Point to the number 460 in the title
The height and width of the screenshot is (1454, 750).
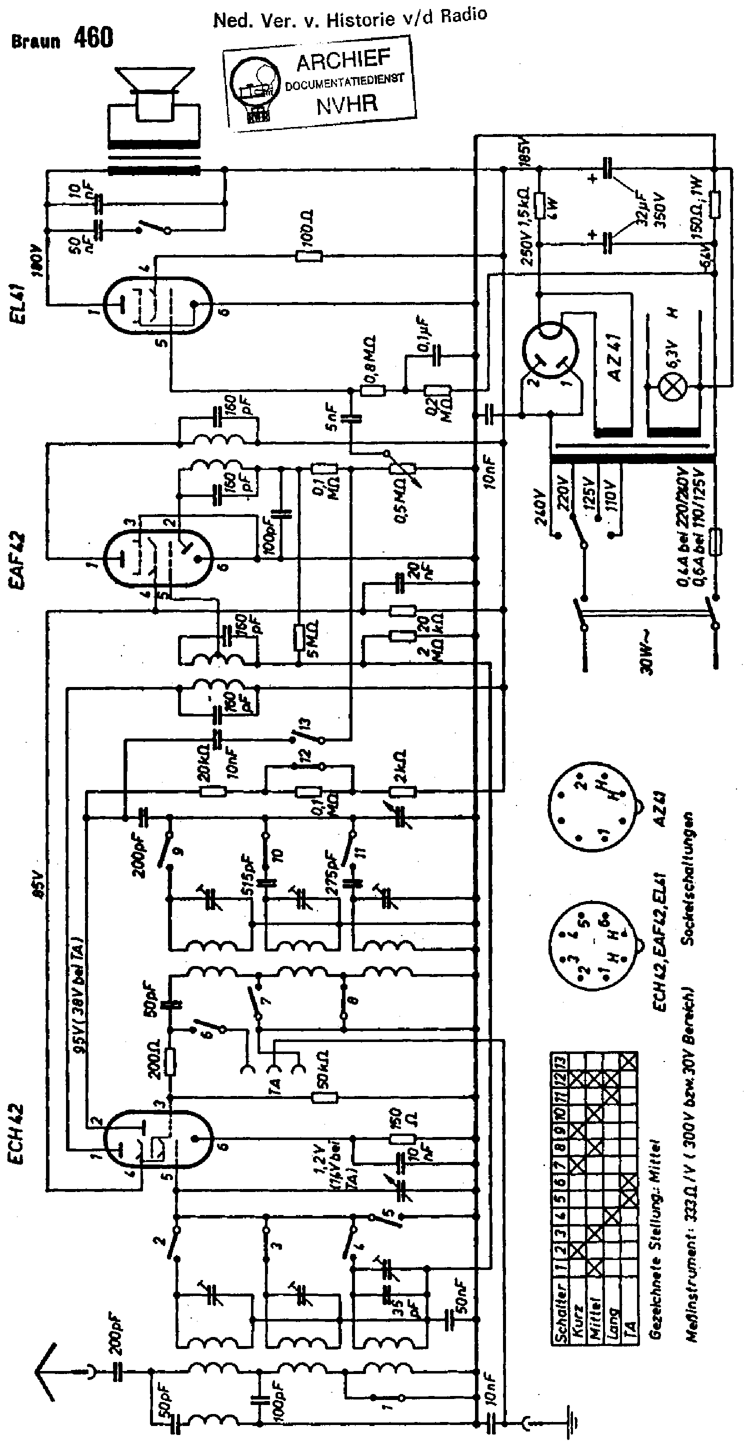(x=93, y=38)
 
